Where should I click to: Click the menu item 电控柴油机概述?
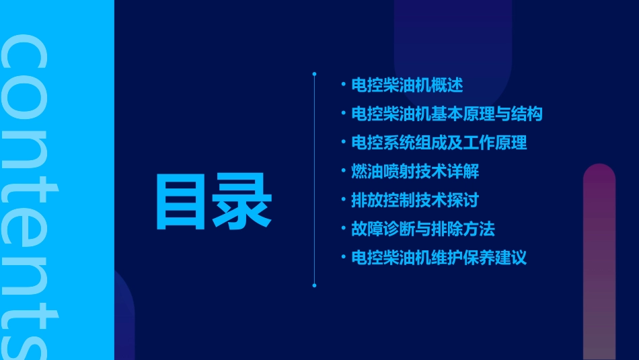[407, 85]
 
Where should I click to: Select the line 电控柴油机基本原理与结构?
[447, 114]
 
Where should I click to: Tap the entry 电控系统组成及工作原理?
[439, 143]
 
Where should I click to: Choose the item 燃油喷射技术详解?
[415, 172]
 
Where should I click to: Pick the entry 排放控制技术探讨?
[415, 201]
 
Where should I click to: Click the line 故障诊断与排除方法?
[423, 229]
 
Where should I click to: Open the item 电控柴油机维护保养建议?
[439, 258]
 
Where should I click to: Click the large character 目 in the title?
[181, 201]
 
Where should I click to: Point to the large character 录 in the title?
[242, 201]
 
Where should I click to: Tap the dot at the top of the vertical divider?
[314, 73]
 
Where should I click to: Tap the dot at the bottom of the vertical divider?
[314, 285]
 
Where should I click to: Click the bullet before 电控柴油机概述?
[343, 85]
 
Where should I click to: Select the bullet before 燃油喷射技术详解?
[343, 172]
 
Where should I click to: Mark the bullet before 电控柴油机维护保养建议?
[343, 258]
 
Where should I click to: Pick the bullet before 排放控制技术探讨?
[343, 201]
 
